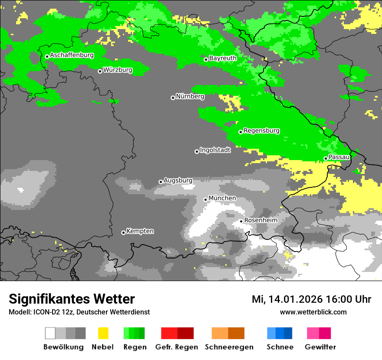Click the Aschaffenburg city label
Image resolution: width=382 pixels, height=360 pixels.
[72, 55]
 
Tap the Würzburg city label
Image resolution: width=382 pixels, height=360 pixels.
[118, 69]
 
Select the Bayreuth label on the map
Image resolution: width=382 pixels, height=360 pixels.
[223, 58]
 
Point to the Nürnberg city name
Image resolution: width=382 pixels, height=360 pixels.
[190, 96]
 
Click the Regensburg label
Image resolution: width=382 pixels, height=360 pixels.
[261, 131]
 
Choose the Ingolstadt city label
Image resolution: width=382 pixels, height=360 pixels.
[215, 150]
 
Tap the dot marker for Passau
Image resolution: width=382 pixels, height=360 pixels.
[326, 158]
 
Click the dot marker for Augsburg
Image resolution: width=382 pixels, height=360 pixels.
[161, 182]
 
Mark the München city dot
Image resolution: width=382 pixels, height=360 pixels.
[206, 200]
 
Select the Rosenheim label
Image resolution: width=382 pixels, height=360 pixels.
[260, 220]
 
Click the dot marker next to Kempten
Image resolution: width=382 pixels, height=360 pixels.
[123, 232]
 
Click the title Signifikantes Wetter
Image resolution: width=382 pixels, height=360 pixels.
[72, 299]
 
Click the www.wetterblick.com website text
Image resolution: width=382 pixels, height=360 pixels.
[313, 312]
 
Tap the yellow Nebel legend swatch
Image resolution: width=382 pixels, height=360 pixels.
[103, 333]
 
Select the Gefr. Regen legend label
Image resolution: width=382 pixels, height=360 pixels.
[176, 347]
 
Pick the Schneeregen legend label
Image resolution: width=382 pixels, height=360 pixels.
[229, 347]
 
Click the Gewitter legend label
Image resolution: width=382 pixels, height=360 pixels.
[320, 347]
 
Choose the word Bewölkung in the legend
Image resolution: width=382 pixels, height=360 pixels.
[63, 347]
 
